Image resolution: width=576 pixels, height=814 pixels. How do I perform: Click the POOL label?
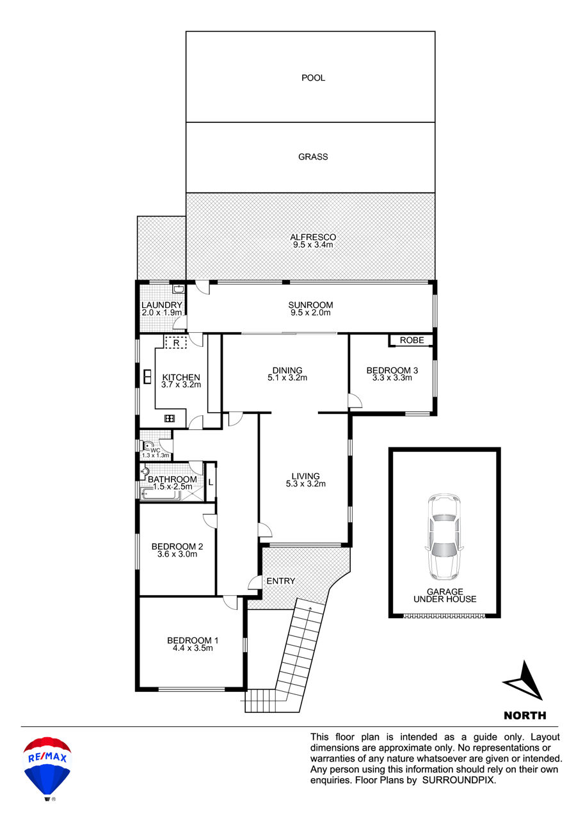313,78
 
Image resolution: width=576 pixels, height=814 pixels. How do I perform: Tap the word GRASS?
313,157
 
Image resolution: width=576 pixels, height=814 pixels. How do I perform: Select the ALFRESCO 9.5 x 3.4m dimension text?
313,245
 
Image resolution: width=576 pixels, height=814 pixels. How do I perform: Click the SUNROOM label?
310,305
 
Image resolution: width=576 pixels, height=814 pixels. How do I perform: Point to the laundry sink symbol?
179,289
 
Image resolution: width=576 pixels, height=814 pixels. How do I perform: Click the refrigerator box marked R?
176,342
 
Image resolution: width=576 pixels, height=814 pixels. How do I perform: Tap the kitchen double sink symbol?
148,377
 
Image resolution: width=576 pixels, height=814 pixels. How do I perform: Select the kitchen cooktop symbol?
170,419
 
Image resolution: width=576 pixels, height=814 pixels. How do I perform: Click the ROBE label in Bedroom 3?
412,340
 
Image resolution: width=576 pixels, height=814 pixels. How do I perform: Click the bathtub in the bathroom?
161,494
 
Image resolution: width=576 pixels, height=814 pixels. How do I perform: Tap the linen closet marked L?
211,483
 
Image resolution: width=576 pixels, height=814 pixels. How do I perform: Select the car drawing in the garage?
444,537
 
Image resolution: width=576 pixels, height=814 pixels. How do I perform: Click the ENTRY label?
280,581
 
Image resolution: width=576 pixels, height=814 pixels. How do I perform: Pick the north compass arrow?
524,680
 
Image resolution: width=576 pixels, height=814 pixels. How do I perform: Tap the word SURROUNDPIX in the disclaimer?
459,780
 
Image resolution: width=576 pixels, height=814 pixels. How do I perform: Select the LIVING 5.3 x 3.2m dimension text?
306,484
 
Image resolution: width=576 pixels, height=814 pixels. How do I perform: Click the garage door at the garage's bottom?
444,616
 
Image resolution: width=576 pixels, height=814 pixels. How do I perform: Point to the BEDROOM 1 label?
193,641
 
